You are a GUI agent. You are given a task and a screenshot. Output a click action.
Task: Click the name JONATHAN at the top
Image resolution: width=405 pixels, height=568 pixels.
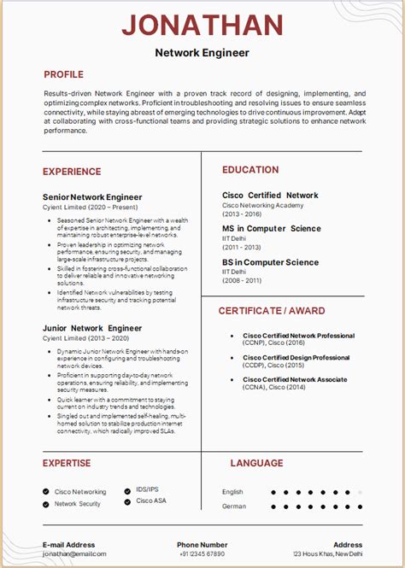click(202, 26)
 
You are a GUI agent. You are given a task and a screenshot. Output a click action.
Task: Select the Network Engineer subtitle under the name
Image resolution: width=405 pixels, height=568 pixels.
click(202, 53)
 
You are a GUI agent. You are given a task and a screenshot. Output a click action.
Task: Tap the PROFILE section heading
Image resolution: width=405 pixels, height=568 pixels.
click(63, 74)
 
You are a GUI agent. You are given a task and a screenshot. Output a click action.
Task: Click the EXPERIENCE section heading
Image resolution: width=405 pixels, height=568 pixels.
click(72, 172)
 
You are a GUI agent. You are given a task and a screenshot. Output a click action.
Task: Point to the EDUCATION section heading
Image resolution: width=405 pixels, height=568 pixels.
click(250, 170)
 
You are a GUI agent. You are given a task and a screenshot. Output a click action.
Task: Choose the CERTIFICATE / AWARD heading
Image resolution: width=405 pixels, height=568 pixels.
click(271, 310)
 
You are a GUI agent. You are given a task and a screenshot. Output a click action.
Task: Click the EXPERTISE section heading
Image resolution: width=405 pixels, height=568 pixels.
click(67, 464)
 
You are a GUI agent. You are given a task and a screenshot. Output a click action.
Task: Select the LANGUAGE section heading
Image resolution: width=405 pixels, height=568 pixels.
click(256, 464)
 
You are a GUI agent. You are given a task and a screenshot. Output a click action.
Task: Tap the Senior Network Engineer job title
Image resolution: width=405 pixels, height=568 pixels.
click(92, 197)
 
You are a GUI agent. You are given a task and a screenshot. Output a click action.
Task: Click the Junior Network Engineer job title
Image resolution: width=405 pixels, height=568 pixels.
click(92, 328)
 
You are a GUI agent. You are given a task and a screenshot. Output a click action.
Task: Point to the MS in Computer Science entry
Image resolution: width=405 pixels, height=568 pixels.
click(271, 229)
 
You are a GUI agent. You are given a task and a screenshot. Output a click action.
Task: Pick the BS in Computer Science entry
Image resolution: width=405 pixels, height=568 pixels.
click(270, 262)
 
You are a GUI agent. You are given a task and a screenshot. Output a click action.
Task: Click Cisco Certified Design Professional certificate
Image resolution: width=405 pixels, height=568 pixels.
click(296, 357)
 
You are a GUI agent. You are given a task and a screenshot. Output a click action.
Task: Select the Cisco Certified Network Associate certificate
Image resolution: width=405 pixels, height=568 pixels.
click(295, 378)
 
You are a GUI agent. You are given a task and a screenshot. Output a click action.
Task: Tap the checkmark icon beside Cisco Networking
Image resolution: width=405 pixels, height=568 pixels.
click(45, 492)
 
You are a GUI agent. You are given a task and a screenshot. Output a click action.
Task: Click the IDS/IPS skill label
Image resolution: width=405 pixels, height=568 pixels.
click(147, 489)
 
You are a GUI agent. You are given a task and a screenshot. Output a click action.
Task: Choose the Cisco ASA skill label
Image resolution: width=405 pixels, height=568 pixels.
click(150, 501)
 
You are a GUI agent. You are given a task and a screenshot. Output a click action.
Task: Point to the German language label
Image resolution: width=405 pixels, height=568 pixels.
click(233, 506)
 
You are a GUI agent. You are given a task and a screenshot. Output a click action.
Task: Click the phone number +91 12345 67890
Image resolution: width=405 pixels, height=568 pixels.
click(202, 554)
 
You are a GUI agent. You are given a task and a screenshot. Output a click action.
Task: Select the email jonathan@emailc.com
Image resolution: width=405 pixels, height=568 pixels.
click(75, 554)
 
